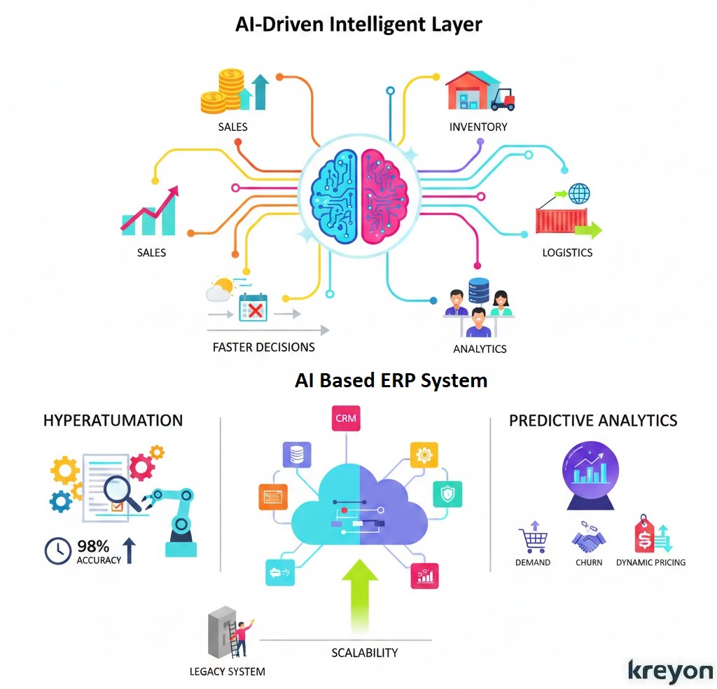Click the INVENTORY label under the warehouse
coord(478,127)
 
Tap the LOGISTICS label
coord(567,252)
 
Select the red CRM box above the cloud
coord(346,418)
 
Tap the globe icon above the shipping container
coord(579,193)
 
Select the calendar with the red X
coord(253,307)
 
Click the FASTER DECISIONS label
coord(263,347)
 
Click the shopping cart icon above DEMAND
coord(533,539)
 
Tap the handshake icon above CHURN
coord(588,539)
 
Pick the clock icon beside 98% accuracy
coord(58,550)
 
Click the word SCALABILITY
coord(364,653)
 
